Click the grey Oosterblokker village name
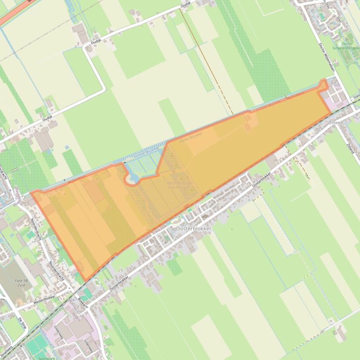point(194,229)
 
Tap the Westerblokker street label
point(44,299)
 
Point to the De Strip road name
point(22,322)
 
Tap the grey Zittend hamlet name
point(336,122)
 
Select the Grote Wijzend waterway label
point(146,151)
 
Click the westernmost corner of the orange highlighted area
point(31,193)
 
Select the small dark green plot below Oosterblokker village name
point(174,267)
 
